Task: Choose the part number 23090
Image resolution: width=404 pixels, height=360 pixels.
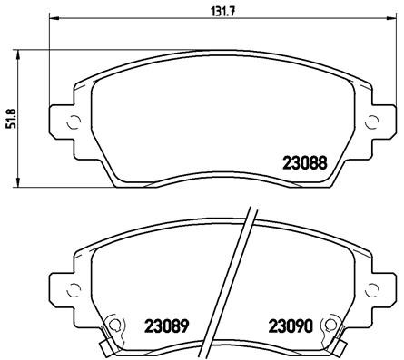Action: [x=289, y=325]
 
